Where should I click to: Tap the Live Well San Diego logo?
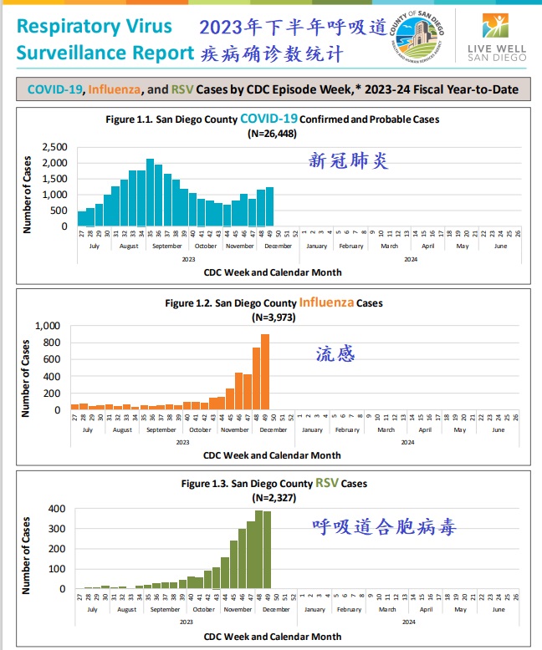(x=497, y=37)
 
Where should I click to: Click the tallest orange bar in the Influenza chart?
(x=265, y=372)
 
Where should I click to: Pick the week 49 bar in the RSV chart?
(x=267, y=550)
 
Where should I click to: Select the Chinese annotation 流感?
(x=335, y=354)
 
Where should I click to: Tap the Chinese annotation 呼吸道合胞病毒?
(x=385, y=528)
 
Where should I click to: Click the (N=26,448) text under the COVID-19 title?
(x=272, y=133)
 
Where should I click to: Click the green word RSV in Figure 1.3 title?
(x=325, y=484)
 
